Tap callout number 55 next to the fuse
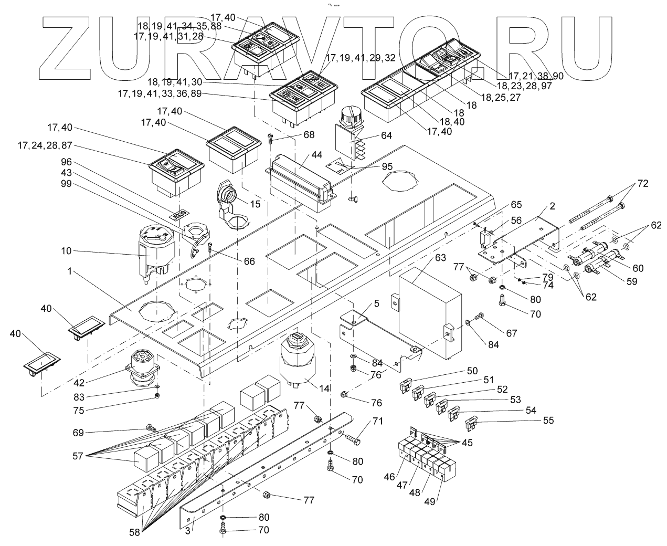548,420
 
